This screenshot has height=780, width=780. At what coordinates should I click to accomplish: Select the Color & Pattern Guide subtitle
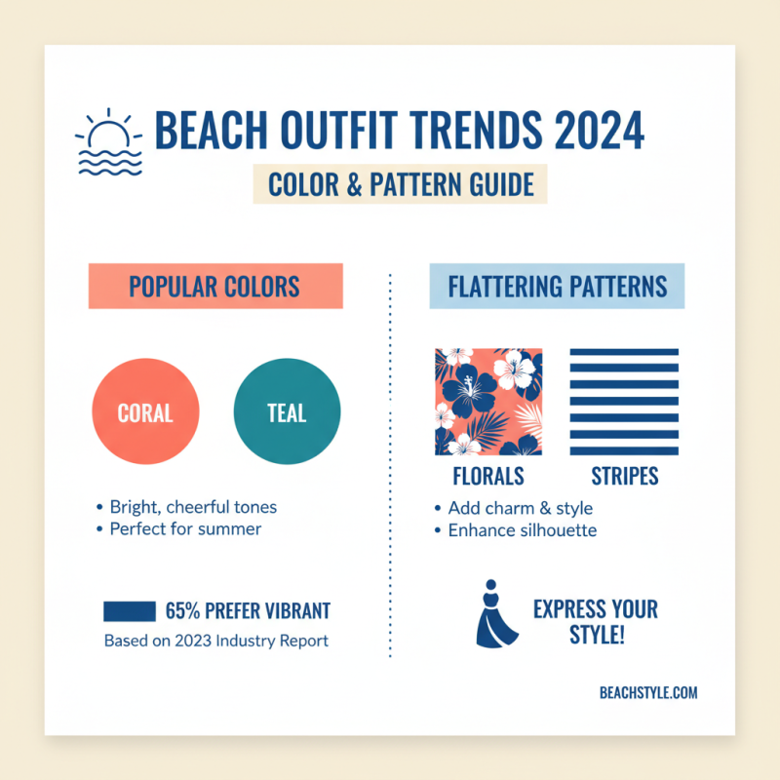(400, 183)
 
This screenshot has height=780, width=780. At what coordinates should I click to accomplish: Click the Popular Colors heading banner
(214, 286)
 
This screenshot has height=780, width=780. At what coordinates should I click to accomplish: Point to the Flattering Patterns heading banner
(557, 286)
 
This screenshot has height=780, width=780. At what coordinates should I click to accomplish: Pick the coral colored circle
(145, 411)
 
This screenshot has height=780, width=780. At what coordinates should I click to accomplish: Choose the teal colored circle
(288, 411)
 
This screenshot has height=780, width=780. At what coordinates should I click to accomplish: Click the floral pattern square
(488, 402)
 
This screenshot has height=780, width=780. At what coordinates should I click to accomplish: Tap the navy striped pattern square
(624, 402)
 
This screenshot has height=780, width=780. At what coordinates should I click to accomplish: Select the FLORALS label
(488, 477)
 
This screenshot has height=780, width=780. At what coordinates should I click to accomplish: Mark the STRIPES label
(624, 477)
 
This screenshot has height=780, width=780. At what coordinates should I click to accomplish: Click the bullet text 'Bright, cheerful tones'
(193, 507)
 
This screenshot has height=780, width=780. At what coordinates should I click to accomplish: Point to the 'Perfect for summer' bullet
(185, 529)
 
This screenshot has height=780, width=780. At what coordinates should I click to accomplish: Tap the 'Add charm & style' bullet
(520, 508)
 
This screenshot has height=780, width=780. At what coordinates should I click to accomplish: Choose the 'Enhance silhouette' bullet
(522, 530)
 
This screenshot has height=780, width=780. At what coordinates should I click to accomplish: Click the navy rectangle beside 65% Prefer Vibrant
(130, 611)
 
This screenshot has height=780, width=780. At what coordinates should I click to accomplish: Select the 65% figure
(182, 611)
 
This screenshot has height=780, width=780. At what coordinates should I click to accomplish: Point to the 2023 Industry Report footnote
(215, 642)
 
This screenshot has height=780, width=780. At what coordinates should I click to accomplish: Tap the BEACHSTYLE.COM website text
(648, 693)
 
